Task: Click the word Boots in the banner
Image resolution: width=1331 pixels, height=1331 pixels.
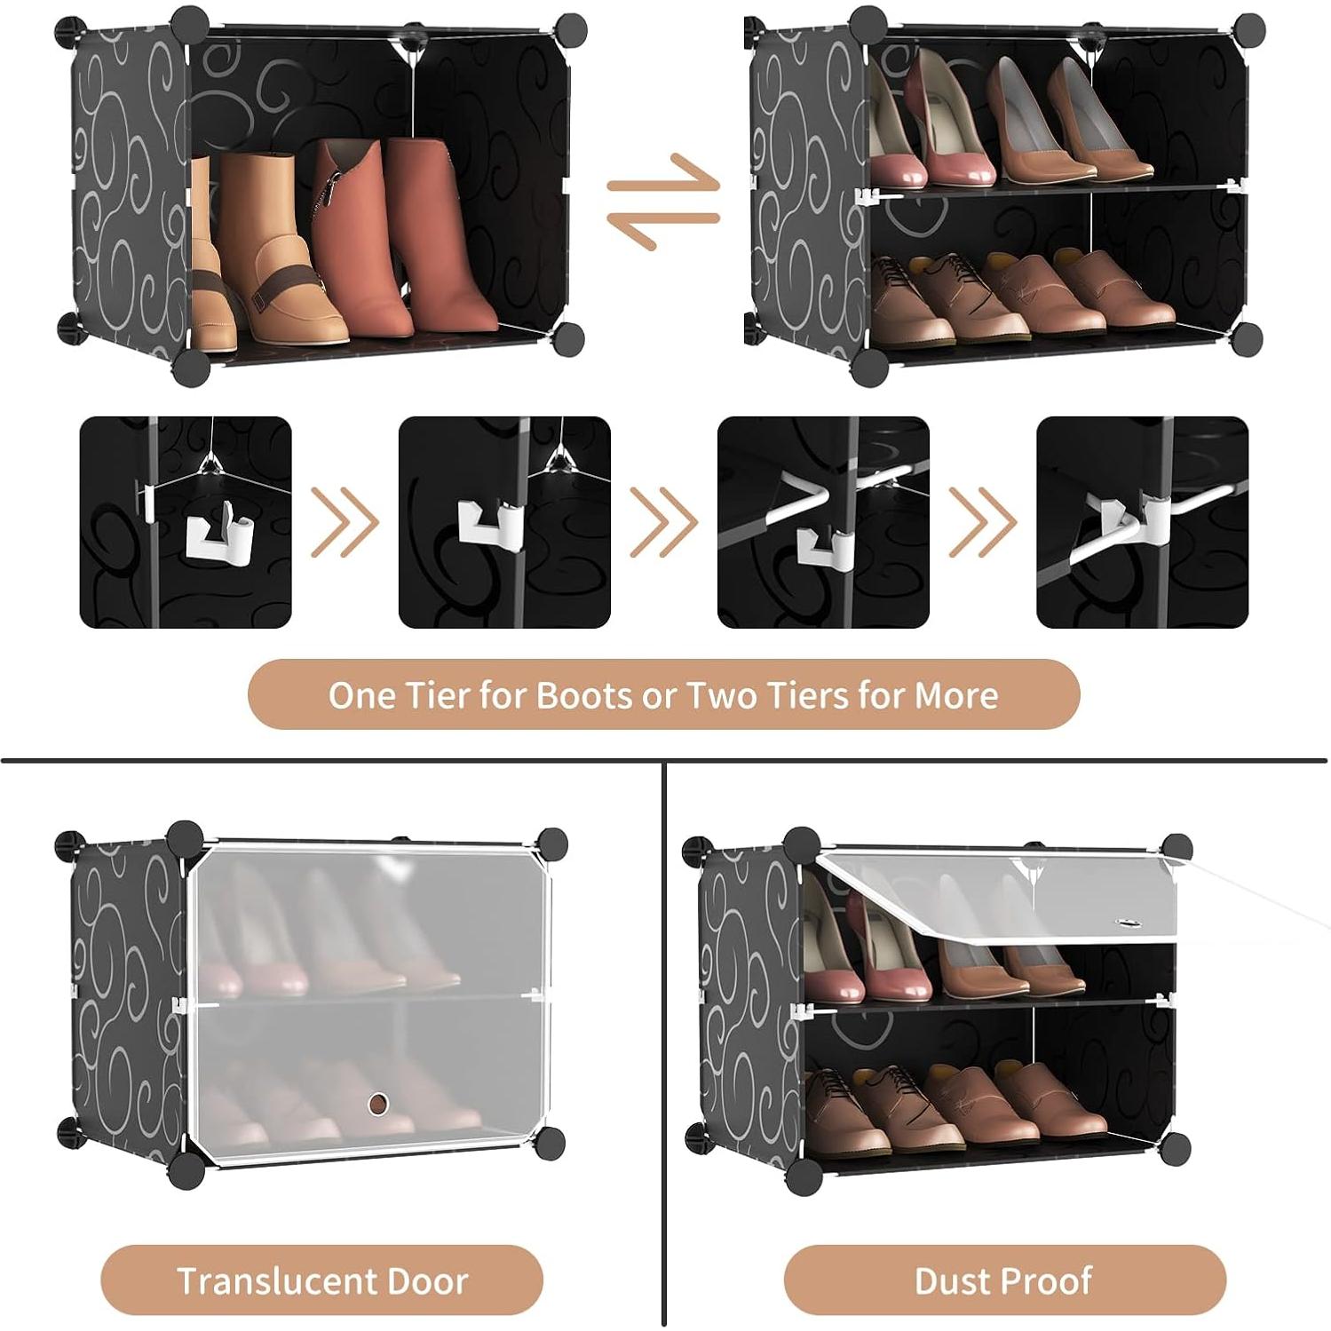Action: point(586,695)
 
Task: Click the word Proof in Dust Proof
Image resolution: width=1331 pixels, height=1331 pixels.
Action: point(1048,1281)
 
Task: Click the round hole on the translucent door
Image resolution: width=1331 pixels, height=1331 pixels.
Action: point(379,1104)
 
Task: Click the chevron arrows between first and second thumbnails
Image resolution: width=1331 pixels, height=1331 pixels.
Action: point(345,522)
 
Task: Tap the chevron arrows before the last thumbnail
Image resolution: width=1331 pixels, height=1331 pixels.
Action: point(982,522)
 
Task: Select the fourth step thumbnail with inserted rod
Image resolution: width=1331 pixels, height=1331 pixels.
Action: point(1142,522)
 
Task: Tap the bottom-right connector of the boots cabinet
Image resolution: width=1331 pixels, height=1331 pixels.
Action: point(568,337)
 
